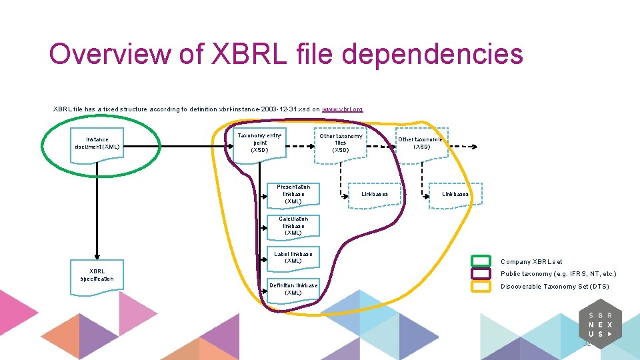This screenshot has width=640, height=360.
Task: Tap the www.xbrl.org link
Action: [342, 109]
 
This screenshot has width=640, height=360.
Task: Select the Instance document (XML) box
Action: [97, 143]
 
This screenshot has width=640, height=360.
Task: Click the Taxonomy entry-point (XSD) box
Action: [259, 143]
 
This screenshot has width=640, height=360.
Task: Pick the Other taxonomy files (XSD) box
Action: [341, 143]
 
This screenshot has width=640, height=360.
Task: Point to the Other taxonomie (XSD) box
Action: [421, 143]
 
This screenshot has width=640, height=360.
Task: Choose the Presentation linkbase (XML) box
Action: [293, 194]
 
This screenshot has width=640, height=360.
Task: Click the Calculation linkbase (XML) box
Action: [293, 226]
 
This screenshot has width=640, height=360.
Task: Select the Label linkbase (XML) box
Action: [293, 257]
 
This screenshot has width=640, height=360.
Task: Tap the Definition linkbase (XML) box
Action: [293, 289]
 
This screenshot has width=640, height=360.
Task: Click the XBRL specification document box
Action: [97, 275]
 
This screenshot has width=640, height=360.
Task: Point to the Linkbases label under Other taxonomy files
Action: [375, 194]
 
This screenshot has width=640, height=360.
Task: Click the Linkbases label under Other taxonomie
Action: [455, 194]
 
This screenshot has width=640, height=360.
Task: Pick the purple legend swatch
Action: [481, 274]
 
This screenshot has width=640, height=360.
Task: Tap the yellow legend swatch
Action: [481, 287]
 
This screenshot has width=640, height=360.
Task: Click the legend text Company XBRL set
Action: [531, 262]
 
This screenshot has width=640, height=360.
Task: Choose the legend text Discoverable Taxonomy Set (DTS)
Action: [555, 287]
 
